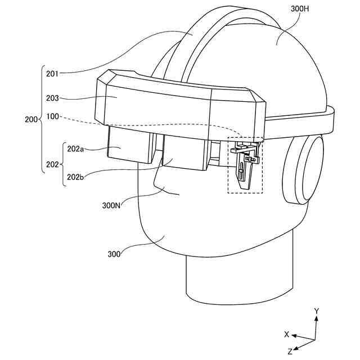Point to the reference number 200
[x=32, y=119]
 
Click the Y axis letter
[x=317, y=310]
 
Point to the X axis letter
[x=286, y=334]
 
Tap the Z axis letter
[x=290, y=351]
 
